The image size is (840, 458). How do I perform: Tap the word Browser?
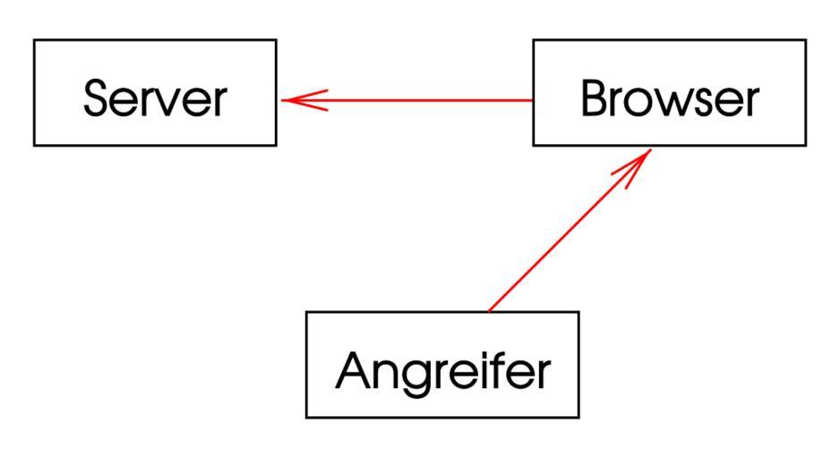669,98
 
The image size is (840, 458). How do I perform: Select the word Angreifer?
442,369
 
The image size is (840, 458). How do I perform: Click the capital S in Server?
97,98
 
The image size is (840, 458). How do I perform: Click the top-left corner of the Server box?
34,39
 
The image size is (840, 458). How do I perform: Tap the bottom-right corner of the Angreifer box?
579,418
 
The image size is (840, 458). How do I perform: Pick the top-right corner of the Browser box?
805,39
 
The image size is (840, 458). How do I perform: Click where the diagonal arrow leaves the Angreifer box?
489,311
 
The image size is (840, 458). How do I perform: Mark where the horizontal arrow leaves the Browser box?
533,100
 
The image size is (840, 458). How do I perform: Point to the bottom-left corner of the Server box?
34,145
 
